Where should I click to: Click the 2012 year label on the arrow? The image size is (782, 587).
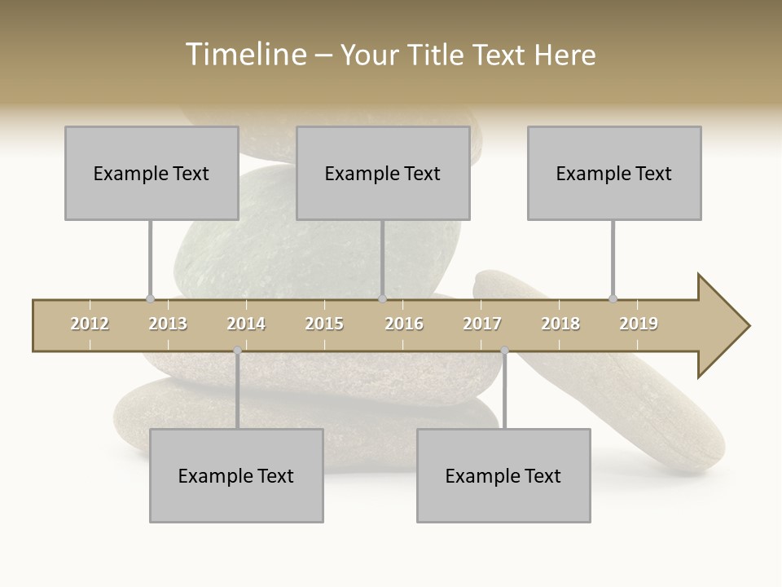(90, 324)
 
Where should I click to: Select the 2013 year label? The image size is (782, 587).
(168, 324)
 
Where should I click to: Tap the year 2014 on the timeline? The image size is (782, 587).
(246, 324)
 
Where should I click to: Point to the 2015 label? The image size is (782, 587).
(324, 324)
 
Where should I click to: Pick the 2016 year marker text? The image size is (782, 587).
(404, 324)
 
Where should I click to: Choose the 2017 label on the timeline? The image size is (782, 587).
(482, 324)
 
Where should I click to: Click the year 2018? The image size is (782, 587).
(560, 324)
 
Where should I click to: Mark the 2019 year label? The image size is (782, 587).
(639, 324)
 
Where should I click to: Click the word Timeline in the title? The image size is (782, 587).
(244, 55)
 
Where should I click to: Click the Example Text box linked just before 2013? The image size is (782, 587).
(152, 173)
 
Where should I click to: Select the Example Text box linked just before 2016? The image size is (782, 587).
(383, 173)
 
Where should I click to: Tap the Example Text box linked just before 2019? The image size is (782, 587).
(614, 173)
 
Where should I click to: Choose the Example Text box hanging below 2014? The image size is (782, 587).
(236, 475)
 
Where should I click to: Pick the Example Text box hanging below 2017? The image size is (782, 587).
(503, 475)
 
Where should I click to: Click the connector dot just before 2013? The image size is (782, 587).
(150, 298)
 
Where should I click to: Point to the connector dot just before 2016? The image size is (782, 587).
(382, 298)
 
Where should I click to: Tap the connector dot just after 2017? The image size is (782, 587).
(504, 351)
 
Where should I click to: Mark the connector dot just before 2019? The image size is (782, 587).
(613, 298)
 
